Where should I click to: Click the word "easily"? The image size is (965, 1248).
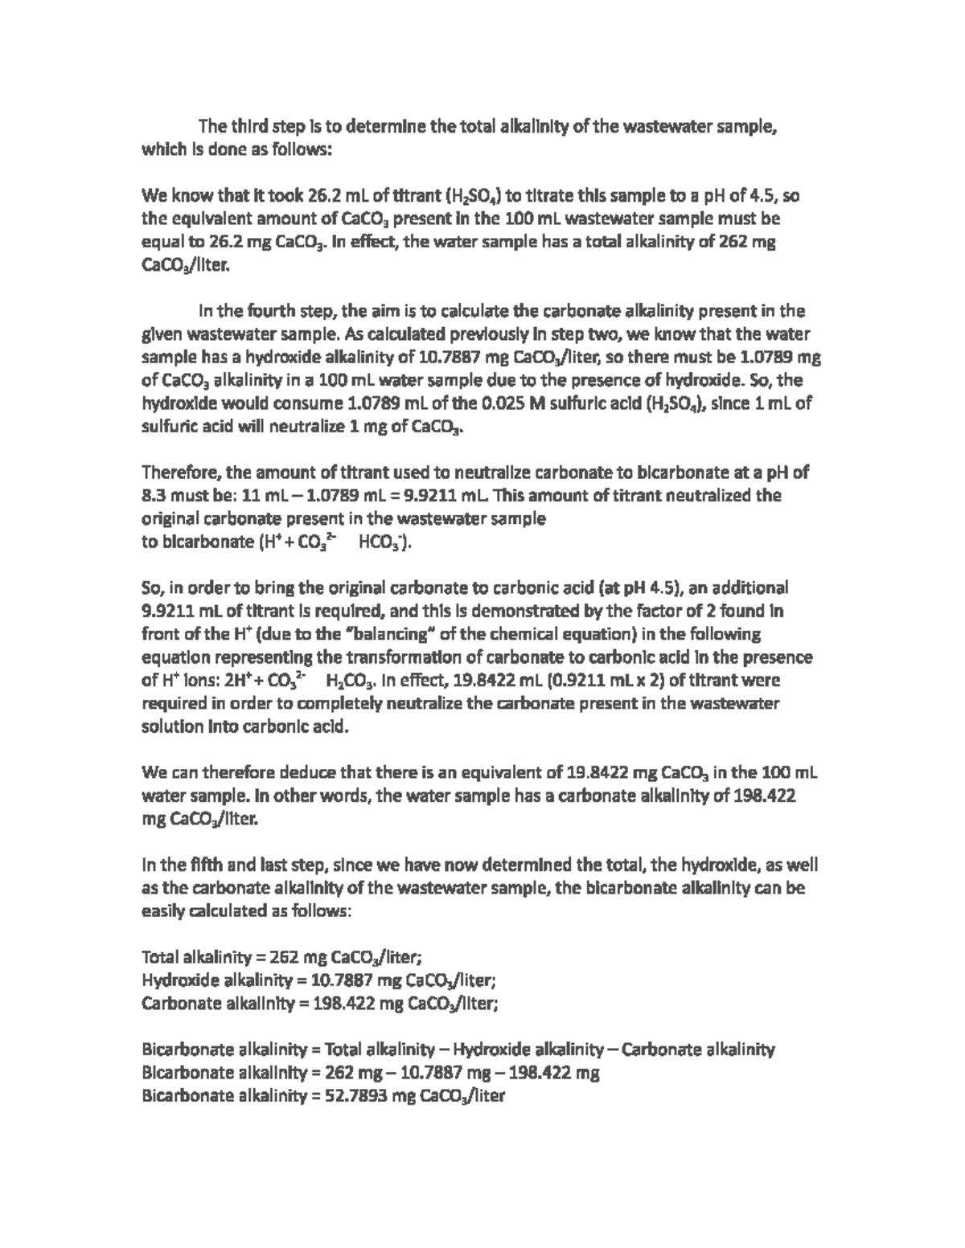[x=162, y=912]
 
